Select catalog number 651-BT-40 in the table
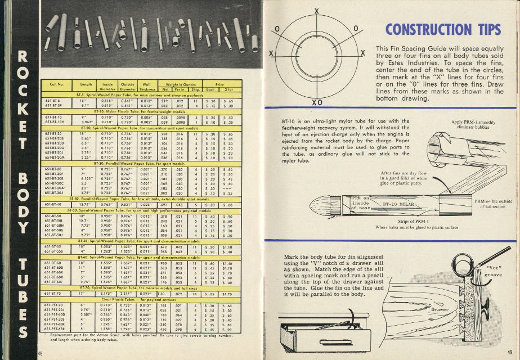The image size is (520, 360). coord(54,204)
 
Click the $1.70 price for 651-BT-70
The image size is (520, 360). coord(229,293)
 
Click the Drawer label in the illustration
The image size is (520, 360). coord(440,310)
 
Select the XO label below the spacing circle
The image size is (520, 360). coord(316,102)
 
